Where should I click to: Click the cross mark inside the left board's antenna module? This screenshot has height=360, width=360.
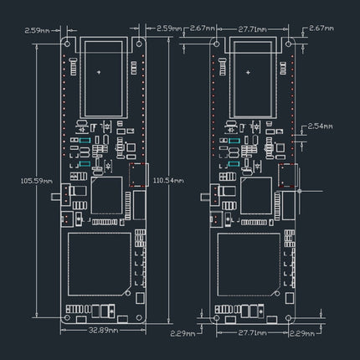click(100, 73)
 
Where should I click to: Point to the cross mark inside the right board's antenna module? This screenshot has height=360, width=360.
click(250, 73)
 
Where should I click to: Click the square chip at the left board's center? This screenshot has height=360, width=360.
click(108, 198)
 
